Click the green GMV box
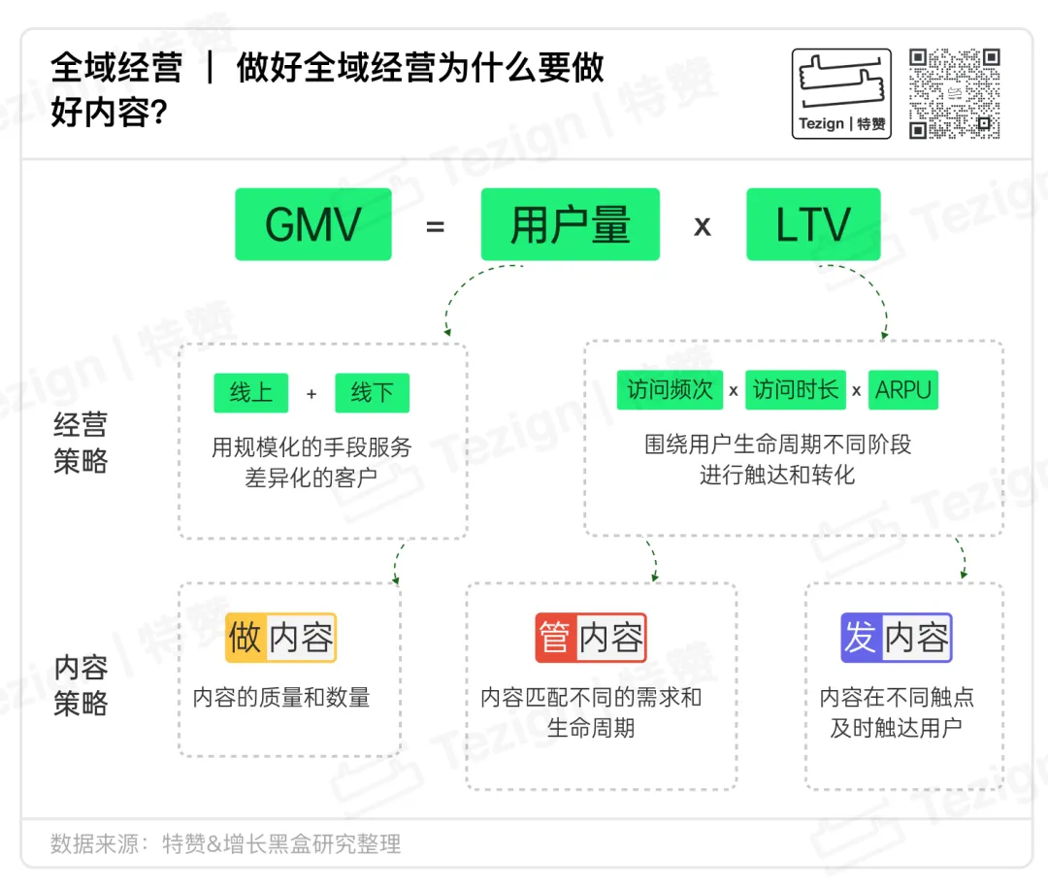312,225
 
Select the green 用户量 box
570,225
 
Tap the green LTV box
813,225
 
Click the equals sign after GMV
435,227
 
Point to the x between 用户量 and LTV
703,227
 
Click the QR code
954,94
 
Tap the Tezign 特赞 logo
841,94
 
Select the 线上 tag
251,393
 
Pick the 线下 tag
373,393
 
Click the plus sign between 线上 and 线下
311,394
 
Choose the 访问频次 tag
670,390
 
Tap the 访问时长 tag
796,390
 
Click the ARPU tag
902,390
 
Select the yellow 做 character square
246,638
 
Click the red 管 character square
555,638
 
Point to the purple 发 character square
861,638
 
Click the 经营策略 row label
81,443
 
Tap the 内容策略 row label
81,685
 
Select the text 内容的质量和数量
281,697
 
